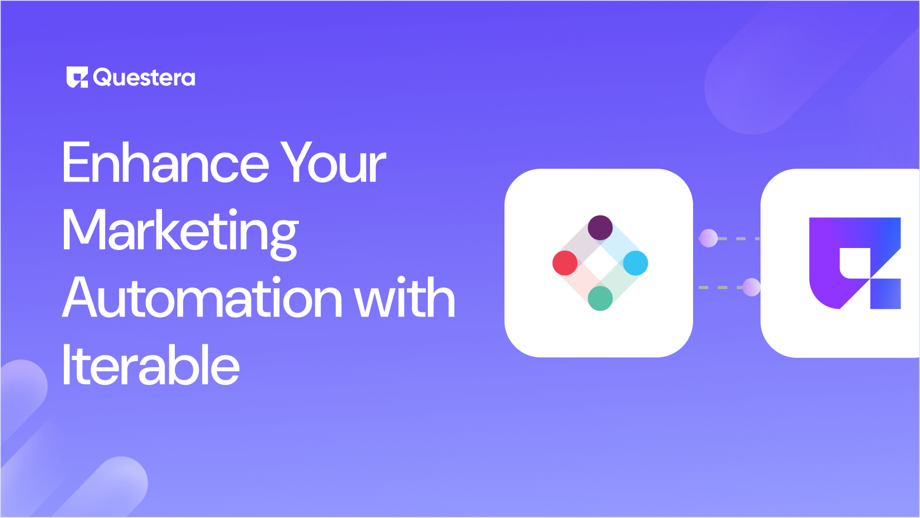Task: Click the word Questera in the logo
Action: coord(144,78)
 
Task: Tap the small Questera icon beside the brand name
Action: coord(77,77)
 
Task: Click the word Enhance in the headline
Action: coord(166,163)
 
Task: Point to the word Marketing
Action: coord(180,233)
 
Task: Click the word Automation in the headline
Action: coord(202,298)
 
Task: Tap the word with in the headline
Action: coord(404,298)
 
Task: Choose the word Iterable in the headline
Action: coord(151,365)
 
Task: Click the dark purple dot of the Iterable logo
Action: coord(600,228)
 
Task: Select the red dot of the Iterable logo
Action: coord(565,263)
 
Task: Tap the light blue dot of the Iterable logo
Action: coord(636,263)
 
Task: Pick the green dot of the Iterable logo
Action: coord(600,298)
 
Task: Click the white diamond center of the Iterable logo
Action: coord(601,263)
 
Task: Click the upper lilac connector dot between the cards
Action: coord(708,238)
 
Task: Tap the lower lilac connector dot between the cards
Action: coord(751,287)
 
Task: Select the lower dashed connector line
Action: coord(721,287)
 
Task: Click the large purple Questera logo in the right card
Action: coord(855,263)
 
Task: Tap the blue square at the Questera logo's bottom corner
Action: coord(885,294)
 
